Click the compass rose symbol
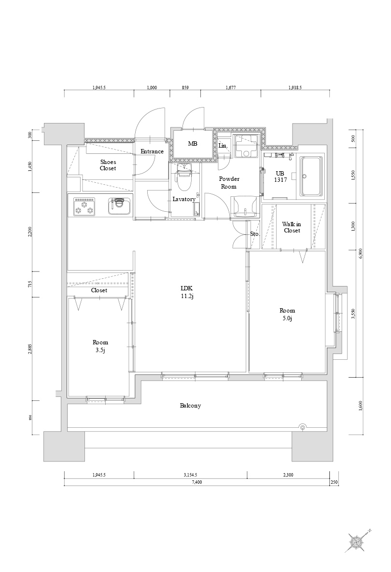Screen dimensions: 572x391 point(358,542)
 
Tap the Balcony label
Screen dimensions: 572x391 point(190,406)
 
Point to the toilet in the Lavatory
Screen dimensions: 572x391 point(184,180)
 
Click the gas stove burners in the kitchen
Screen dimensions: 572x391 point(84,206)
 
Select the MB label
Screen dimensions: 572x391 point(193,144)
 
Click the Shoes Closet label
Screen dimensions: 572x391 point(108,165)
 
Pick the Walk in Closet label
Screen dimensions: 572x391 point(292,227)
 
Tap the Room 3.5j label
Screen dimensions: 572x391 point(100,346)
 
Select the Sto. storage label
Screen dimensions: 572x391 point(254,234)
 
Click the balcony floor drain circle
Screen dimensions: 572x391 point(303,427)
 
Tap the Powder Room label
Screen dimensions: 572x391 point(229,182)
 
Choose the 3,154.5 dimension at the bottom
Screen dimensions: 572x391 point(190,475)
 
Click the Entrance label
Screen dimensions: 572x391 point(152,151)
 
